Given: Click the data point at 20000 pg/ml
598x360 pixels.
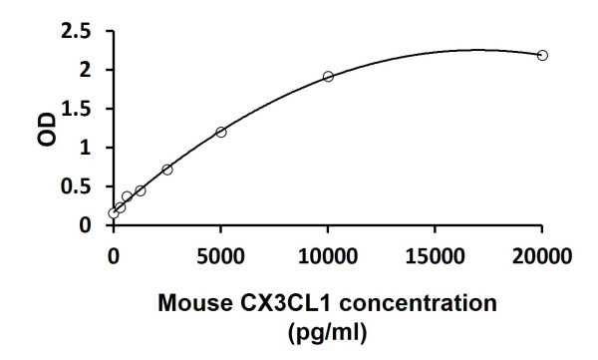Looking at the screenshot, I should click(x=542, y=55).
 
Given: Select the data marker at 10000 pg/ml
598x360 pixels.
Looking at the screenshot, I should click(x=328, y=76).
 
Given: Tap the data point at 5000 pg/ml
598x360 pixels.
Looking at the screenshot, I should click(x=221, y=132).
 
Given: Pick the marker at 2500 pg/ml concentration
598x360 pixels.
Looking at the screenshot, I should click(x=167, y=170).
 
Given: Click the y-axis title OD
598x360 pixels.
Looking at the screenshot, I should click(x=46, y=129).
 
